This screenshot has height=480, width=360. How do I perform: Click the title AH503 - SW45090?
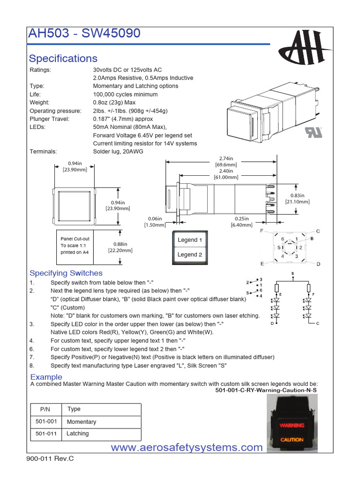tap(84, 35)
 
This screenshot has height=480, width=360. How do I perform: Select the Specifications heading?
tap(63, 59)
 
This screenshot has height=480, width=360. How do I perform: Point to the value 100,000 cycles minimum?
tap(125, 94)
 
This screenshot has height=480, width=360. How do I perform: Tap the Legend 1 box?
tap(190, 240)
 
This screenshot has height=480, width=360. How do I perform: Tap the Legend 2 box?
tap(190, 255)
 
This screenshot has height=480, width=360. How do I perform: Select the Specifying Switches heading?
tap(66, 273)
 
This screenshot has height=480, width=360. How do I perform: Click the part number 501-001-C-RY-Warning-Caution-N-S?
tap(266, 390)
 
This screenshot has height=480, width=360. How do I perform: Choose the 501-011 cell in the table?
tap(46, 434)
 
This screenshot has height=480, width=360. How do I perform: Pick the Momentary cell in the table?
tap(82, 422)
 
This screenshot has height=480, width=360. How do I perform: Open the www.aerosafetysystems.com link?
tap(187, 448)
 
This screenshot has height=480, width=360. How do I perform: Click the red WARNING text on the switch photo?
tap(292, 426)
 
